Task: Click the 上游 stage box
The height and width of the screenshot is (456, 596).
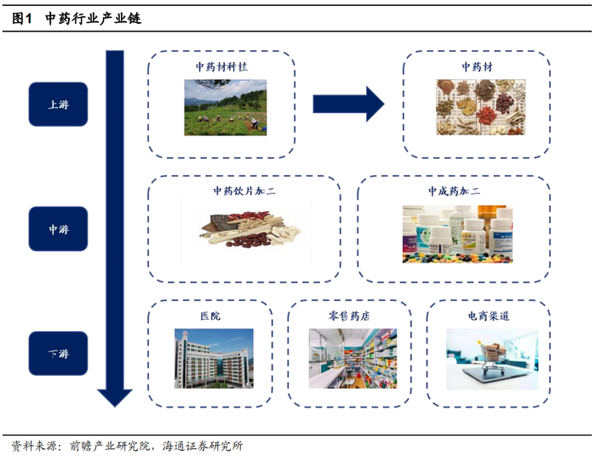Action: [x=58, y=104]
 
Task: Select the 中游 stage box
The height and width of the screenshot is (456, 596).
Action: [x=58, y=229]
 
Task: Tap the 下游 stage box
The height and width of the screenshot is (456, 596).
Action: [x=58, y=354]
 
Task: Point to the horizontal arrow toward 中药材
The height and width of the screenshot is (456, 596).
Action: [x=348, y=104]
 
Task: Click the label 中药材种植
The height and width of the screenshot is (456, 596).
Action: [x=221, y=67]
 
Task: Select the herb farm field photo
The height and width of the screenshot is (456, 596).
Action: [x=226, y=107]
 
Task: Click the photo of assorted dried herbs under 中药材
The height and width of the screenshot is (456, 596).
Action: [x=481, y=107]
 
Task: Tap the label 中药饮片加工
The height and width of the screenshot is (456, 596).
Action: [x=244, y=191]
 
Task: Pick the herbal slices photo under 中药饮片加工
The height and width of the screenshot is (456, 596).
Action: [x=250, y=231]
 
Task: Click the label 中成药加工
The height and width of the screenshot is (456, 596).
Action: [x=454, y=191]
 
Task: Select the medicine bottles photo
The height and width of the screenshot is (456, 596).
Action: [x=458, y=234]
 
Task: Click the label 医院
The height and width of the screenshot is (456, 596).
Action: [x=210, y=316]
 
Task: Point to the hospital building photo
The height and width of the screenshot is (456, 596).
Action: [x=214, y=358]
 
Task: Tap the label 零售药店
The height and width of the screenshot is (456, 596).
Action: [x=349, y=316]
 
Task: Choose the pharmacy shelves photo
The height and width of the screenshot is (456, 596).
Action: [x=352, y=358]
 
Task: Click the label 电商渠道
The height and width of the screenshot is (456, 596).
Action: [x=489, y=316]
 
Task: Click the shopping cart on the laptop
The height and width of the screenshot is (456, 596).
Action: [x=491, y=356]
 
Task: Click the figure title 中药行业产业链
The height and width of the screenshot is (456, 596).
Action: [x=93, y=18]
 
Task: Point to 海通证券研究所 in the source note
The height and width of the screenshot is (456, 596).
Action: [x=203, y=446]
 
